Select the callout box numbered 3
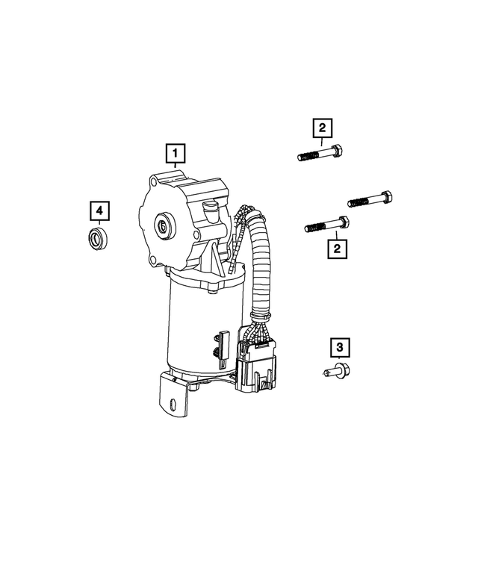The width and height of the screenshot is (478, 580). (339, 347)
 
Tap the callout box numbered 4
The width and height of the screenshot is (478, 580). (99, 211)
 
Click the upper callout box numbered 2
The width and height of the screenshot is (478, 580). (322, 130)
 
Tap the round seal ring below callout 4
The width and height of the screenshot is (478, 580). (96, 240)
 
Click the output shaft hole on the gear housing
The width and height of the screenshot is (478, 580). (163, 224)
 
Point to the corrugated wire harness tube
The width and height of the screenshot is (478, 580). (261, 261)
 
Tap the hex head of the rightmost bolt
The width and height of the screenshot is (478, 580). (387, 198)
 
